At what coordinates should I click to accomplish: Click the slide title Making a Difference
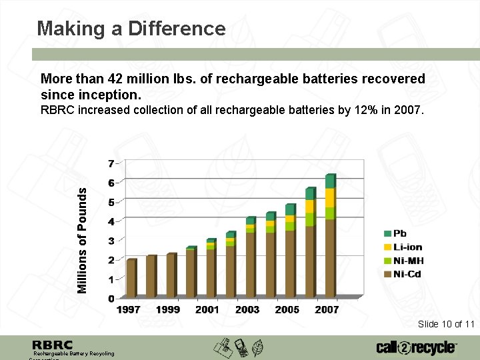tap(131, 29)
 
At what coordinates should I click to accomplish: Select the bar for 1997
tap(131, 278)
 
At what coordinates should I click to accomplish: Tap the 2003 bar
tap(250, 257)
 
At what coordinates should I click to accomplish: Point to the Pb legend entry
tap(399, 233)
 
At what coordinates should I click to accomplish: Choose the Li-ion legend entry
tap(407, 247)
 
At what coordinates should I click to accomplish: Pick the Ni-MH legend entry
tap(408, 261)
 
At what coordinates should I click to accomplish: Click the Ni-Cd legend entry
tap(407, 274)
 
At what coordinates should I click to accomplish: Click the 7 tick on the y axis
tap(111, 163)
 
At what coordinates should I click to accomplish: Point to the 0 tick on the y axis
tap(111, 299)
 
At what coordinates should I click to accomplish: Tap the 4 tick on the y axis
tap(111, 221)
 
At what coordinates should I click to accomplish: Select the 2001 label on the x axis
tap(207, 309)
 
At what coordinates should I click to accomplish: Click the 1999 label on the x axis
tap(168, 309)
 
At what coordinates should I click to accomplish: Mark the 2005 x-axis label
tap(287, 309)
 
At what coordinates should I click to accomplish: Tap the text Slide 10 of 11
tap(446, 324)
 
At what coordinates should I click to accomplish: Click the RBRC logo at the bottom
tap(53, 345)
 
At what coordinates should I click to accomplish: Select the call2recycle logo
tap(416, 347)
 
